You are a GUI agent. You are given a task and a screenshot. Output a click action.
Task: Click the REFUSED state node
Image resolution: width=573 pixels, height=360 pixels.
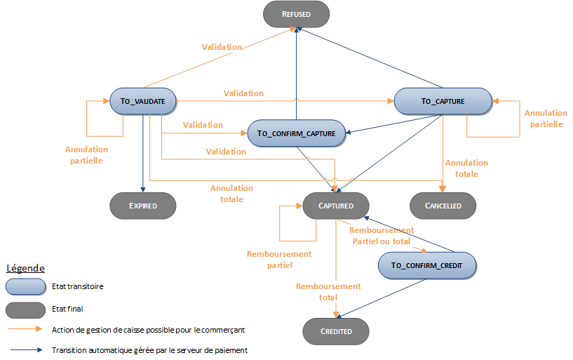(296, 13)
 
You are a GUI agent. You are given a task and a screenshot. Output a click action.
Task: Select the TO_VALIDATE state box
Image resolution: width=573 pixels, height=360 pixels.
(142, 101)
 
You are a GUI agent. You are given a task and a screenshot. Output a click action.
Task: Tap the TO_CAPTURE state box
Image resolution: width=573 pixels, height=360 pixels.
(443, 101)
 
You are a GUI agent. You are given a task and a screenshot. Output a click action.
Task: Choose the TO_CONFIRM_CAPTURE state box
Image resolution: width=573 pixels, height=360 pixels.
(296, 133)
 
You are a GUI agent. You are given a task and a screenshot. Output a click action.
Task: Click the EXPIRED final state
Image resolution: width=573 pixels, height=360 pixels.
(142, 206)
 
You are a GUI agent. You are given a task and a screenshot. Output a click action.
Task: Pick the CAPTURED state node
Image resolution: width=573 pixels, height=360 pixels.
(335, 206)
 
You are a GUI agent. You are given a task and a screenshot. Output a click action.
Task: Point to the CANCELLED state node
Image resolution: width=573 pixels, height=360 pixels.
(443, 206)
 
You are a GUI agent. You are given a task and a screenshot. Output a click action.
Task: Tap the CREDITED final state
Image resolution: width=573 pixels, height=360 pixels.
(335, 331)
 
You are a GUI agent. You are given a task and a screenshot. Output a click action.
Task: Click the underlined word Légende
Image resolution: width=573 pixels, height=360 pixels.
(26, 268)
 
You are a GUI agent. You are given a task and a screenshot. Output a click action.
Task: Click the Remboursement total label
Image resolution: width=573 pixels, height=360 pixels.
(328, 292)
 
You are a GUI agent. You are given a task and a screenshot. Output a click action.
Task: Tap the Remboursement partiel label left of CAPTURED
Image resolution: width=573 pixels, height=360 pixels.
(279, 260)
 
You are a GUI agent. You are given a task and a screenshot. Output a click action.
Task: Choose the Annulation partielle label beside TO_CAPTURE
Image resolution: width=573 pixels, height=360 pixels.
(545, 119)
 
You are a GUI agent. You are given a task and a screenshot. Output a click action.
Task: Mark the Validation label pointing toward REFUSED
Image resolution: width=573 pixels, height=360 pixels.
(222, 47)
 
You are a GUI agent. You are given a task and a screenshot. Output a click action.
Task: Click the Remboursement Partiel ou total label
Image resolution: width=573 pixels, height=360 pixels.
(382, 235)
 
